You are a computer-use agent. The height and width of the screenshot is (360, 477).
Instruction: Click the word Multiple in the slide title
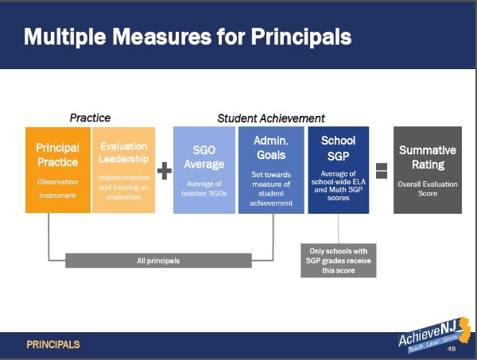pos(65,37)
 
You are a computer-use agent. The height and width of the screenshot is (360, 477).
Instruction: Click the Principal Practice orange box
pos(58,170)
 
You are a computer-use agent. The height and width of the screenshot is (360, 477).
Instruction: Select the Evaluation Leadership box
pos(123,170)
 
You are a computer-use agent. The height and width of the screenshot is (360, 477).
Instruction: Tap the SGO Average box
pos(204,170)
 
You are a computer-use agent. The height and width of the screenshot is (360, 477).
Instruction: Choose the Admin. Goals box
pos(271,170)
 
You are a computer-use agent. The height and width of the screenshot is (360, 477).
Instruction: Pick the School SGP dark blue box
pos(339,170)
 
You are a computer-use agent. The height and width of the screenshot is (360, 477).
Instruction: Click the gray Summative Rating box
pos(428,170)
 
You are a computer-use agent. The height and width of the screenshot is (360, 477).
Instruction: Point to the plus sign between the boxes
pos(165,171)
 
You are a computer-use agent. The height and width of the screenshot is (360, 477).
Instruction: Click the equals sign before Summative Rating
pos(382,171)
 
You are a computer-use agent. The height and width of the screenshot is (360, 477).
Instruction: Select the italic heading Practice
pos(90,118)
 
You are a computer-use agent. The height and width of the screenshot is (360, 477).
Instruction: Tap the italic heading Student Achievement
pos(271,118)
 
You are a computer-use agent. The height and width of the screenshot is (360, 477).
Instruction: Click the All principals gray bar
pos(158,261)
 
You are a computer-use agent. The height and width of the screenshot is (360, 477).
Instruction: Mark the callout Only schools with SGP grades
pos(339,261)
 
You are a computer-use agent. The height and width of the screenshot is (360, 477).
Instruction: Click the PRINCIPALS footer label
pos(53,344)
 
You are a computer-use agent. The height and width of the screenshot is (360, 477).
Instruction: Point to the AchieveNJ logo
pos(434,335)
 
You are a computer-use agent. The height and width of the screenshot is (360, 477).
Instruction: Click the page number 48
pos(452,348)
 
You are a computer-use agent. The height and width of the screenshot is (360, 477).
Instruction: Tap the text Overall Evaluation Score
pos(428,189)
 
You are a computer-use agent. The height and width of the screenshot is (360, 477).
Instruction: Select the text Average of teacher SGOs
pos(204,188)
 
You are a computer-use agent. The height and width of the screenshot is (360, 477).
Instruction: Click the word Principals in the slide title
pos(301,37)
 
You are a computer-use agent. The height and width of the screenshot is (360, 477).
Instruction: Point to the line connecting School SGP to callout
pos(339,228)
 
